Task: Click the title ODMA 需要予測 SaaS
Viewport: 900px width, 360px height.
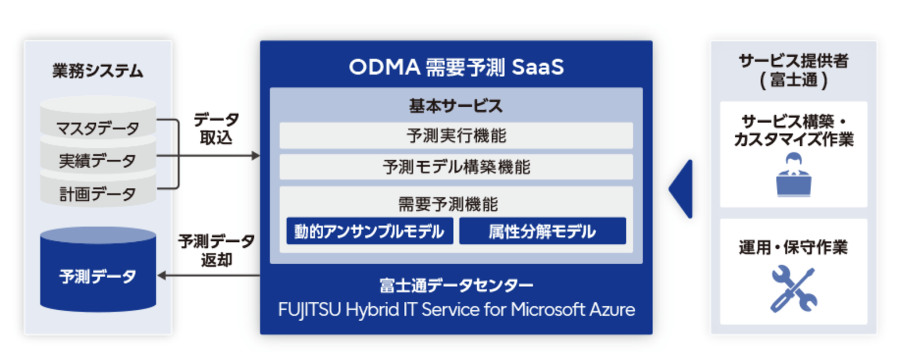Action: point(456,67)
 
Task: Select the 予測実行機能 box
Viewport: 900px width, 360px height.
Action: point(456,136)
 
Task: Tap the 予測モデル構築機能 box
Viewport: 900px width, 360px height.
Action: point(456,167)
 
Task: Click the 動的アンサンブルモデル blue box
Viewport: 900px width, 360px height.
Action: point(370,231)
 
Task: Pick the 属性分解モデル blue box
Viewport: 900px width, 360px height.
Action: point(542,231)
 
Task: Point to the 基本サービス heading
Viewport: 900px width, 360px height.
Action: point(456,105)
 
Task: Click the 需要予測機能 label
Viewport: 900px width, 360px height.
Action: point(448,204)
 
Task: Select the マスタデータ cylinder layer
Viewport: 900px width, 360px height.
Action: point(98,128)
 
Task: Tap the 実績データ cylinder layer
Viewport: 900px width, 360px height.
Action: point(98,161)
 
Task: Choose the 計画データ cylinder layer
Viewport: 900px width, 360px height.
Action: point(98,194)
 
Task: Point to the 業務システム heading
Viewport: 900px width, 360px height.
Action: point(98,71)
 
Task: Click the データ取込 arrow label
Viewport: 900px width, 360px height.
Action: point(216,129)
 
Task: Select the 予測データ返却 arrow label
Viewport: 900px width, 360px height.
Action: point(216,250)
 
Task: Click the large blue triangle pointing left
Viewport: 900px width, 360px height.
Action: point(683,189)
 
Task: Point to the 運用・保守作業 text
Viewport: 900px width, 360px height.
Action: point(793,247)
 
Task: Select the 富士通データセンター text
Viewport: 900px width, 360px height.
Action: point(456,285)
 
